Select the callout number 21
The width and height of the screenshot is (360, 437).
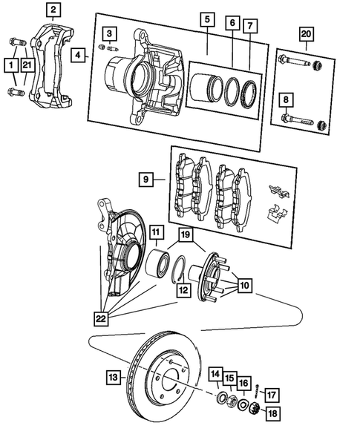coord(27,66)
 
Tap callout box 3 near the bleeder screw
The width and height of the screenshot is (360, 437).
coord(109,33)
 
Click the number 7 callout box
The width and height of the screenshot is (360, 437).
coord(251,25)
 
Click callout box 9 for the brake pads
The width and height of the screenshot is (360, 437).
coord(147,179)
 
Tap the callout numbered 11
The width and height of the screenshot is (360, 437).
coord(157,233)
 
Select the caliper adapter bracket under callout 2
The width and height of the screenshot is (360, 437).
coord(54,63)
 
